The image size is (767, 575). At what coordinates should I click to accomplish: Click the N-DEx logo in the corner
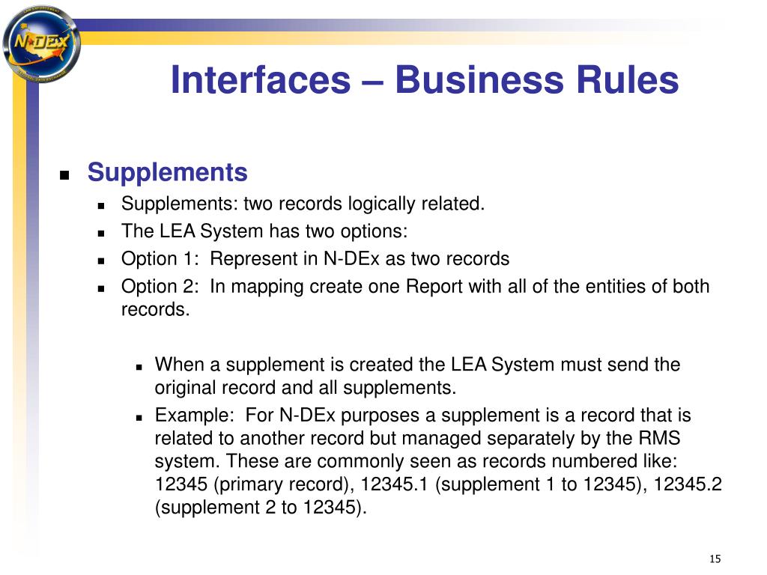pos(41,43)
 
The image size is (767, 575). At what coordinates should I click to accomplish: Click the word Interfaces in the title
pos(261,79)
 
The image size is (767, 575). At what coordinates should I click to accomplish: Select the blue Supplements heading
pos(167,173)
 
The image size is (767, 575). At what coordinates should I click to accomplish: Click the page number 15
pos(715,559)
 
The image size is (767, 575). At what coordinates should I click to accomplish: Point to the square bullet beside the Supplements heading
pos(64,175)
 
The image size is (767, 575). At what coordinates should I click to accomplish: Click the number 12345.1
pos(394,484)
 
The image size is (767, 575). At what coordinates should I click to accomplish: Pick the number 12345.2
pos(688,484)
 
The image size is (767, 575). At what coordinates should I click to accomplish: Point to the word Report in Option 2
pos(434,287)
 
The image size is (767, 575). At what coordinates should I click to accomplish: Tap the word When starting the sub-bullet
pos(180,365)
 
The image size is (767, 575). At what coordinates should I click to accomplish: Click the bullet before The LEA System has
pos(101,234)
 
